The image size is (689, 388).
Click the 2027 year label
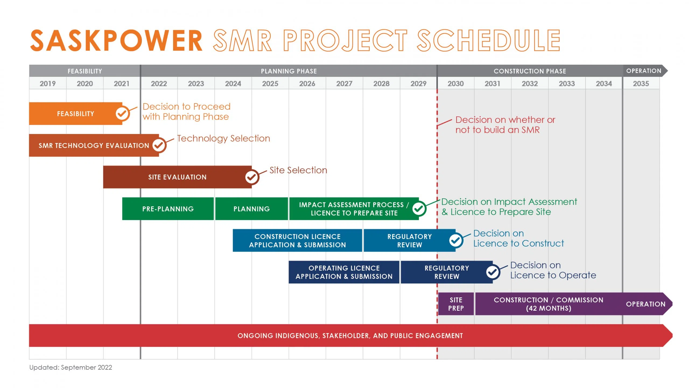tap(344, 84)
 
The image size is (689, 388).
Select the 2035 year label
tap(641, 84)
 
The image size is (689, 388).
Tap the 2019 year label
tap(48, 84)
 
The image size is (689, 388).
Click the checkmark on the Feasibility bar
tap(122, 113)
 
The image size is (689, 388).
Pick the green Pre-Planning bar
tap(168, 209)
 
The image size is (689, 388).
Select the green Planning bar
tap(252, 209)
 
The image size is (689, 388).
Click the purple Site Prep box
tap(456, 304)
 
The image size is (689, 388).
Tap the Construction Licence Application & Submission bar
tap(297, 240)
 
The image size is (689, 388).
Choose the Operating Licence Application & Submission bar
tap(344, 272)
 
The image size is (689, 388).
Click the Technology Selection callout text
tap(223, 138)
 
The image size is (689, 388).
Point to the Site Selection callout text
tap(298, 170)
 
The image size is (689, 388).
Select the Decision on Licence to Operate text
tap(553, 270)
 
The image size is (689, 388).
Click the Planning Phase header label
tap(289, 71)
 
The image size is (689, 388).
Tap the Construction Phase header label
tap(530, 71)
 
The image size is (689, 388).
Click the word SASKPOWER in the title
tap(116, 41)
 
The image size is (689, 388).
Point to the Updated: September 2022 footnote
tap(71, 368)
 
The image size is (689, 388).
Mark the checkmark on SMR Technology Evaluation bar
tap(159, 145)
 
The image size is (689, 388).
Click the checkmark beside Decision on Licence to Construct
tap(456, 240)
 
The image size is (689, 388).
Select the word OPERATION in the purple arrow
tap(646, 304)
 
